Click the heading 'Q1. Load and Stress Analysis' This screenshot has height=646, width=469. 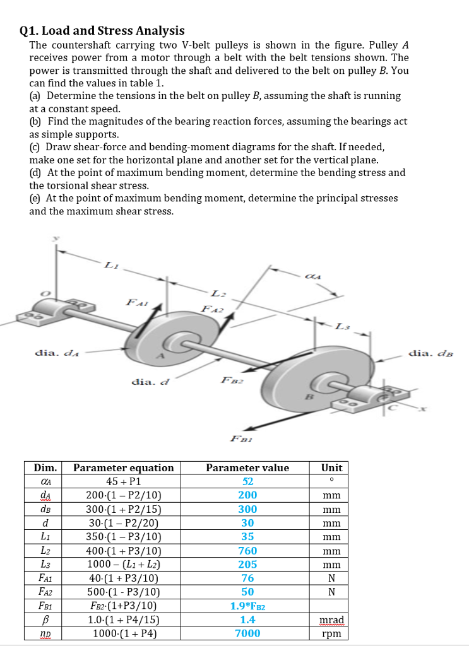[102, 30]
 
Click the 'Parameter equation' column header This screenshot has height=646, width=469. [124, 467]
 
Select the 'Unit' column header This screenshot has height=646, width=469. [331, 467]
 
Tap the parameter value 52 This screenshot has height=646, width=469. [247, 481]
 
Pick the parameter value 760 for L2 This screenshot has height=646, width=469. [247, 551]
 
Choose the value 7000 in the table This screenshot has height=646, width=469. [247, 633]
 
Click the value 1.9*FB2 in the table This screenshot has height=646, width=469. [247, 606]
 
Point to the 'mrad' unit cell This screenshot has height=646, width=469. [331, 620]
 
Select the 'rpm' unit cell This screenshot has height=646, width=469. [331, 633]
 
